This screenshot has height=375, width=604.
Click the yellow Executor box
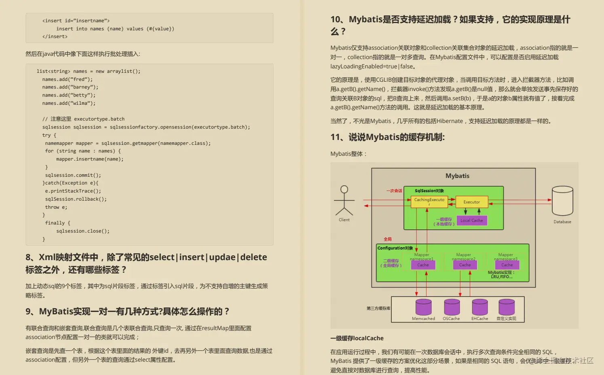(471, 202)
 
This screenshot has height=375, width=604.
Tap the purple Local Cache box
(471, 220)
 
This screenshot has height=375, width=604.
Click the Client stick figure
(344, 201)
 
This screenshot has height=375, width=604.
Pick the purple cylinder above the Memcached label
(423, 307)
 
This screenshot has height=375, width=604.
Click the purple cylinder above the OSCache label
(452, 307)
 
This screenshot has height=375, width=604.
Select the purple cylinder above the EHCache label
(479, 307)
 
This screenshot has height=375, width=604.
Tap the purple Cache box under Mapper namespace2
(465, 265)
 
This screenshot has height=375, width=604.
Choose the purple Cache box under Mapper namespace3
(507, 265)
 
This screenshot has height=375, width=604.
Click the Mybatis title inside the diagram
(457, 176)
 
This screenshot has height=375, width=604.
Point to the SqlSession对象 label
(429, 191)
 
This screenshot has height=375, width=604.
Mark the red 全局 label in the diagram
(387, 239)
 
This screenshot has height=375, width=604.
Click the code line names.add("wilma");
(69, 103)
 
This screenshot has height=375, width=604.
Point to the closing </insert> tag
(55, 36)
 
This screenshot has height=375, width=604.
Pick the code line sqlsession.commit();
(73, 175)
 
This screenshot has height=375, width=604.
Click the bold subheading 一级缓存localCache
(357, 338)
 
